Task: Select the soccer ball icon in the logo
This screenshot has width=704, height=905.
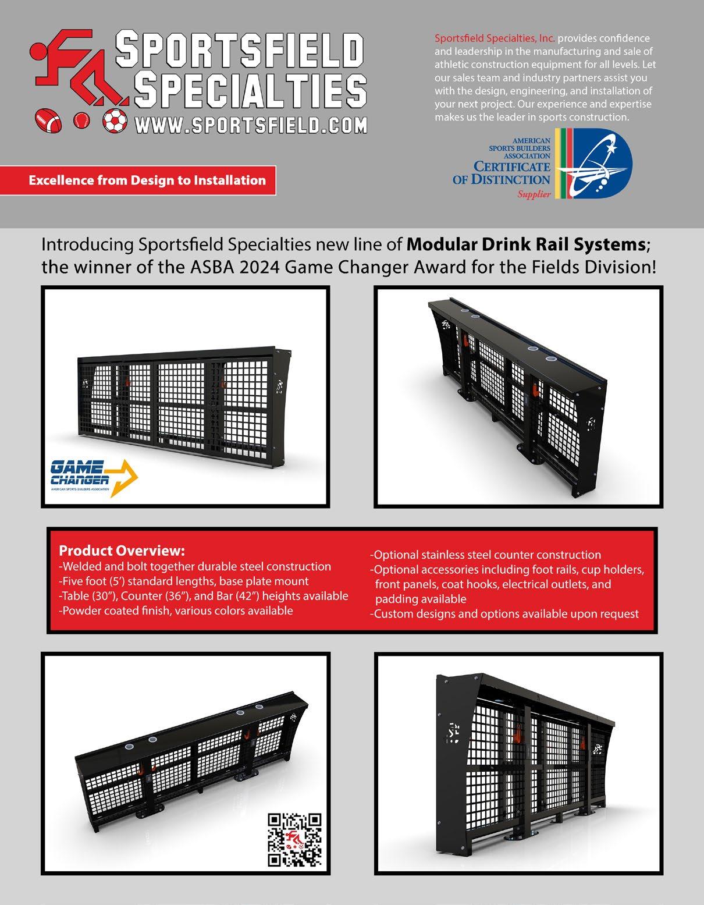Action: [x=115, y=120]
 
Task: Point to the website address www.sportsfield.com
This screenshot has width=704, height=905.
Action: [x=251, y=124]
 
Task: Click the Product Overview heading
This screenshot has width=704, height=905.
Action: [x=122, y=551]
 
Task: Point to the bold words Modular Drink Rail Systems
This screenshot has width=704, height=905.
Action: [x=525, y=244]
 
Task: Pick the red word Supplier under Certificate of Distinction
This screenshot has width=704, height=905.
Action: [x=534, y=194]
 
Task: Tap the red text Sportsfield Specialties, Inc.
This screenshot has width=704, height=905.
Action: [x=495, y=38]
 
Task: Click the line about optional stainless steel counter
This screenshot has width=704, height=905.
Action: [x=486, y=555]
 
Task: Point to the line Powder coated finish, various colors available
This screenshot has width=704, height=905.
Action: [x=176, y=611]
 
